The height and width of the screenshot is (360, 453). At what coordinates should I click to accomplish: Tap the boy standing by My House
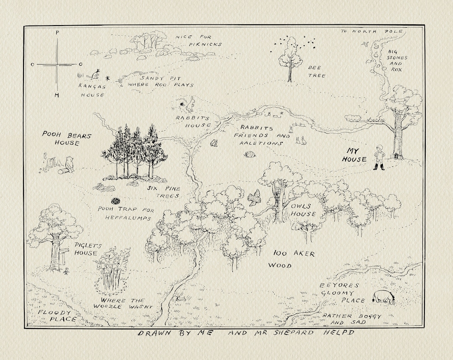(380, 157)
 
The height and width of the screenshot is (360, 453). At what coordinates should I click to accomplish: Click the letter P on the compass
(57, 32)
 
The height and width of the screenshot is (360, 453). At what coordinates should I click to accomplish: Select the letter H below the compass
(57, 95)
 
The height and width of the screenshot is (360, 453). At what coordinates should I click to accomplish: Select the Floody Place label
(56, 316)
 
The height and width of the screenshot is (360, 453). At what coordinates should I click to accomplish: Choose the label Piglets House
(86, 249)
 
